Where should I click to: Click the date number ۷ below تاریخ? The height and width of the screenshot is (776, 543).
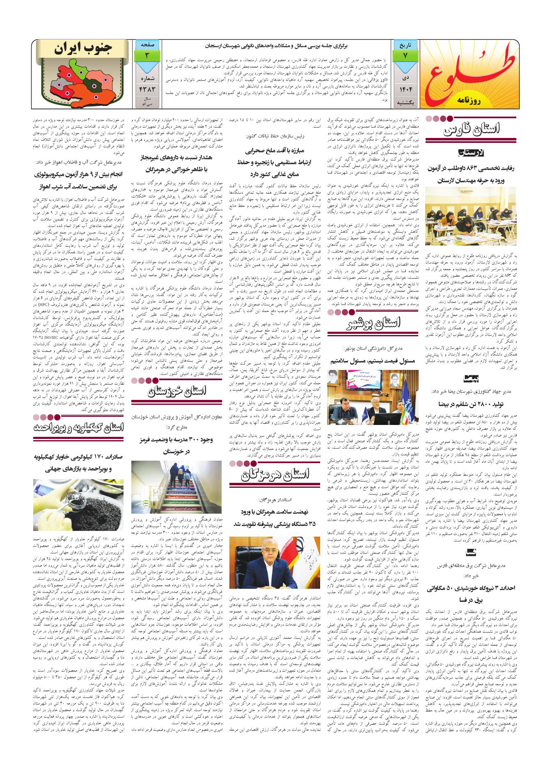click(405, 55)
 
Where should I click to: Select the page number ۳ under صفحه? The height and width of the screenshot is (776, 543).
click(147, 55)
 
